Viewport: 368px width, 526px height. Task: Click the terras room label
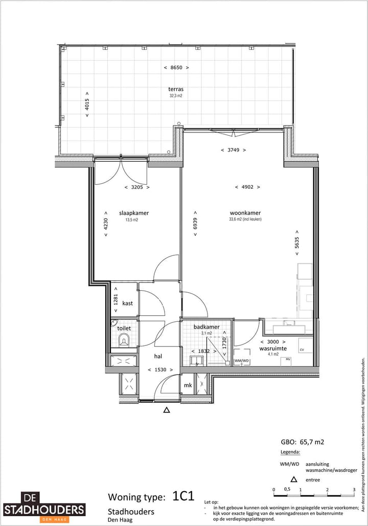click(x=176, y=89)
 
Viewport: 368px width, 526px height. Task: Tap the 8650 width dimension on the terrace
click(x=176, y=68)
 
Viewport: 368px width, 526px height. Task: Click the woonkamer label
click(x=245, y=213)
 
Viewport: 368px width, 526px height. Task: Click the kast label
click(x=127, y=303)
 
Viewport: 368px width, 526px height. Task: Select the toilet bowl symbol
click(x=124, y=339)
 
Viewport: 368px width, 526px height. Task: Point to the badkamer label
click(x=206, y=326)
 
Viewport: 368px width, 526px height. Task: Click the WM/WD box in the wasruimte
click(x=242, y=361)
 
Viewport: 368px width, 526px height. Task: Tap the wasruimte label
click(x=273, y=348)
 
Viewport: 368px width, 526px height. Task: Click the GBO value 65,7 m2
click(x=303, y=441)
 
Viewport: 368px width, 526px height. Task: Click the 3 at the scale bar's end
click(x=354, y=490)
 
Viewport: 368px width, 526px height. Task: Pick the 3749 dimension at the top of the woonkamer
click(x=233, y=150)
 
